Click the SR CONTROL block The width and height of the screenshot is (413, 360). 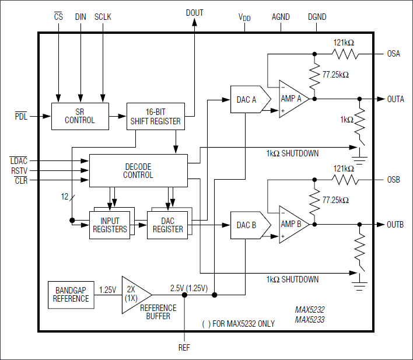point(80,116)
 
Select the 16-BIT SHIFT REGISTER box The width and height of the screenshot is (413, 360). point(155,116)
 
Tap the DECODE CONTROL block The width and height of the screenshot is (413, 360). point(138,170)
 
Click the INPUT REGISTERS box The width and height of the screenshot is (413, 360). point(110,225)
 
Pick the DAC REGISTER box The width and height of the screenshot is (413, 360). point(167,225)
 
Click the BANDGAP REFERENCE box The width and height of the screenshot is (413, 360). point(71,294)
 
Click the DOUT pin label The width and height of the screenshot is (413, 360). point(194,13)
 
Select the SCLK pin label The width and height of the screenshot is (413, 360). point(103,17)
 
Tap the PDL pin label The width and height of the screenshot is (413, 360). point(21,116)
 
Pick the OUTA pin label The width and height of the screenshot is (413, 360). point(395,99)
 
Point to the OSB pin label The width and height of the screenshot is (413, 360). point(394,180)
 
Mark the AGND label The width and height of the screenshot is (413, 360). point(281,18)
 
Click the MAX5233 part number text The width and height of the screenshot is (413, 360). point(309,320)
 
